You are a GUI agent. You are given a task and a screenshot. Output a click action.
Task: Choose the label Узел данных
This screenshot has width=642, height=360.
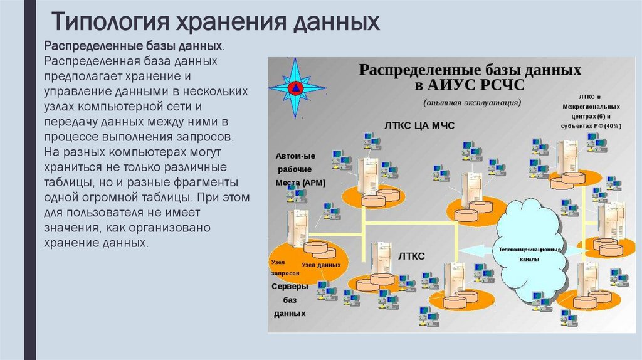[321, 265]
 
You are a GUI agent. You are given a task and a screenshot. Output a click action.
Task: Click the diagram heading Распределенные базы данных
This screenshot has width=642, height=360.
[470, 69]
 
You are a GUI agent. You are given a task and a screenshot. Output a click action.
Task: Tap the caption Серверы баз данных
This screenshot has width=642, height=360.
[289, 299]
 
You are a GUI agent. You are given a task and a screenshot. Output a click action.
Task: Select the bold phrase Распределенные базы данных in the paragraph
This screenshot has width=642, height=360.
[134, 47]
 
